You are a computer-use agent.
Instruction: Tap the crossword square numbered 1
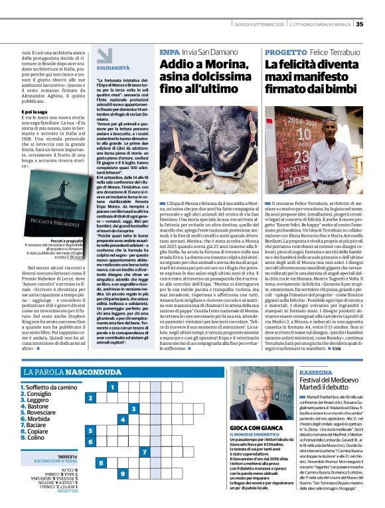(113, 387)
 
